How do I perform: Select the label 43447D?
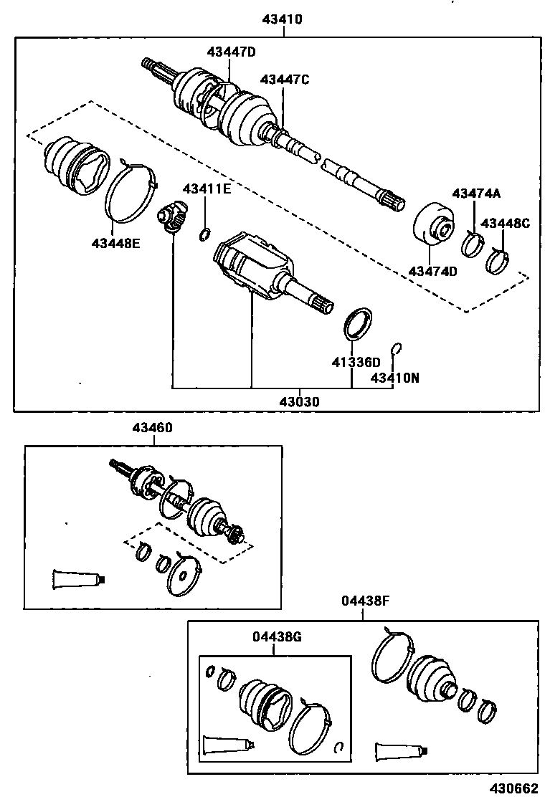click(x=232, y=52)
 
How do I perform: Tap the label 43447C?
click(x=285, y=79)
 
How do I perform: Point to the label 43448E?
click(x=115, y=242)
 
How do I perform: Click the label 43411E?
click(x=207, y=188)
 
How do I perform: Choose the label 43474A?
click(x=476, y=193)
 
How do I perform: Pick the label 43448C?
click(x=505, y=223)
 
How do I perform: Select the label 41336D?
click(x=356, y=362)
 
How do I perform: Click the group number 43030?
click(x=300, y=402)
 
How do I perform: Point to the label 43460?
click(x=151, y=428)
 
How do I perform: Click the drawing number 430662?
click(x=513, y=788)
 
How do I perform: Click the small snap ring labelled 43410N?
click(x=395, y=349)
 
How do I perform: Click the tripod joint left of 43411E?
click(x=172, y=216)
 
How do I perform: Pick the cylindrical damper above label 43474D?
click(x=433, y=225)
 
